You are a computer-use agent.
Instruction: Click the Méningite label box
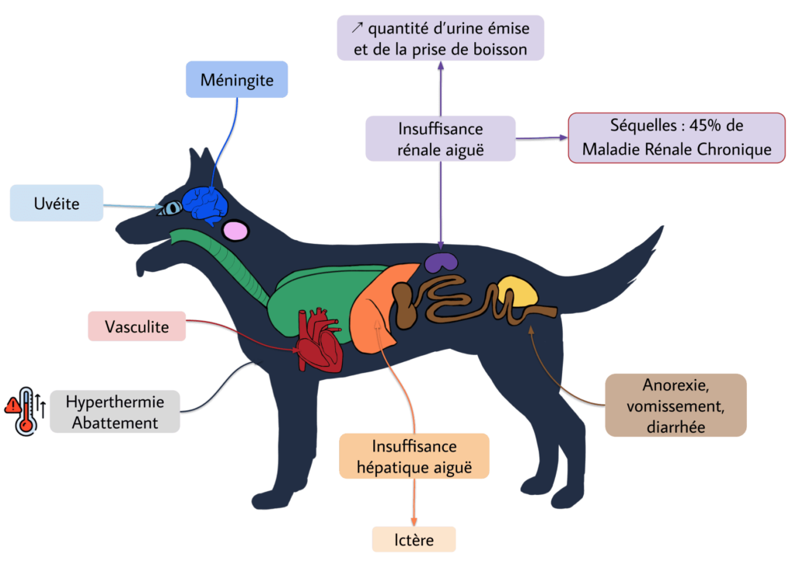click(237, 79)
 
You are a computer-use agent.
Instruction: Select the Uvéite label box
click(57, 203)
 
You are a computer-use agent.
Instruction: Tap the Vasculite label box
click(137, 326)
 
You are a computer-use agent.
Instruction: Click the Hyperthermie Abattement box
click(115, 412)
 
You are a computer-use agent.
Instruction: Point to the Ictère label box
click(414, 539)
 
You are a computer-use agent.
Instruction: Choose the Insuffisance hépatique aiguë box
click(414, 456)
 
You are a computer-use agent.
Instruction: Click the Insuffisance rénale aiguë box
click(441, 138)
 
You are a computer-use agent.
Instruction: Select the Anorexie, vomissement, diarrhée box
click(675, 405)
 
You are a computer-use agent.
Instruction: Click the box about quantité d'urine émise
click(441, 39)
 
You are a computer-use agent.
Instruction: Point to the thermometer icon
click(28, 410)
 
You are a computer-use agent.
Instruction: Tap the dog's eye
click(171, 208)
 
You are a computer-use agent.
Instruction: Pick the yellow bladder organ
click(517, 293)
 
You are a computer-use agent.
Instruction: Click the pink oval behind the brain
click(236, 230)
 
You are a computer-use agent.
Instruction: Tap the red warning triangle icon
click(12, 404)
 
